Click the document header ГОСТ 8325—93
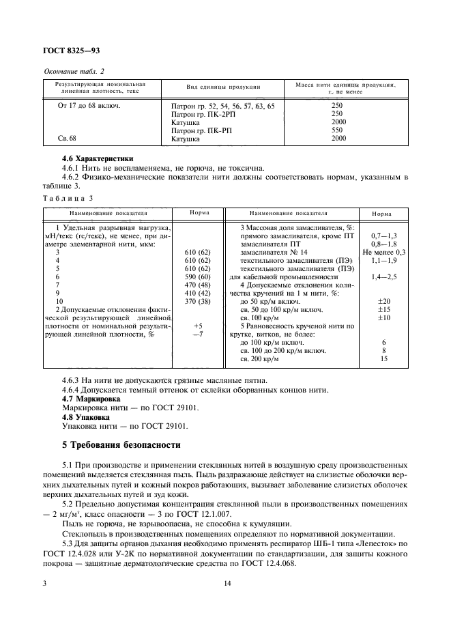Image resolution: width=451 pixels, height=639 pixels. [73, 50]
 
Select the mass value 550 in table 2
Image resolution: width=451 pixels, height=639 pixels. [336, 130]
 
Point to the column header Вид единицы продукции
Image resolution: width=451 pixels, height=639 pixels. [223, 87]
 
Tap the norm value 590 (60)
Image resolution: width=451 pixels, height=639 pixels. [197, 277]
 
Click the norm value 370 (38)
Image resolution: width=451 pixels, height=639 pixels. [197, 302]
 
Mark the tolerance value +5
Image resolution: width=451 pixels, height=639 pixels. [198, 326]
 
